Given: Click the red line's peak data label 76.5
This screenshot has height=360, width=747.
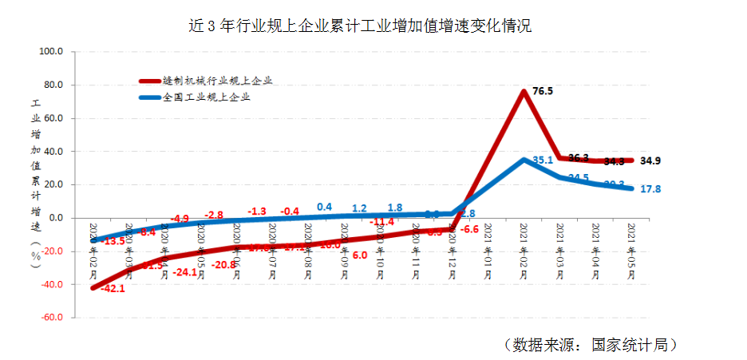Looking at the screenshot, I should (543, 92).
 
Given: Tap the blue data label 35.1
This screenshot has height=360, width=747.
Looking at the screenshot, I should (543, 160).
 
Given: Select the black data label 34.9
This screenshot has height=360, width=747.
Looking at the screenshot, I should (650, 160).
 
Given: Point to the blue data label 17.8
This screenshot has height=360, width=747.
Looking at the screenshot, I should (651, 189).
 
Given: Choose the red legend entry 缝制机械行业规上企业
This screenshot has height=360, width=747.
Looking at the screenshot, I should (218, 81).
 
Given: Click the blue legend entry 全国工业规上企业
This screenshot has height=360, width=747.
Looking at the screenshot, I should (207, 97).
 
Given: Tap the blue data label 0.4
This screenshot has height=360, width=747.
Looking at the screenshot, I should (324, 207).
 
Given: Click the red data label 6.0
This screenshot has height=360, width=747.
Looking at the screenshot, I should (359, 255).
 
